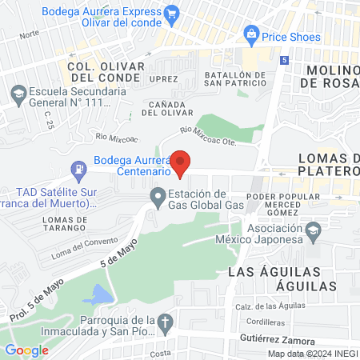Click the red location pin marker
pos(182,162)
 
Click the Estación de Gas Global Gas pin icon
pos(158,195)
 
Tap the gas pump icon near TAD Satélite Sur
pos(78,170)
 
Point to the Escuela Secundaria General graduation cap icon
pos(17,93)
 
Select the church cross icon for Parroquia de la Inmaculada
pos(166,322)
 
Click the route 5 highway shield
pos(286,61)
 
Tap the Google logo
pos(26,350)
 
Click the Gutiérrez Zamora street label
pos(277,339)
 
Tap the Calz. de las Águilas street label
pos(270,308)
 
